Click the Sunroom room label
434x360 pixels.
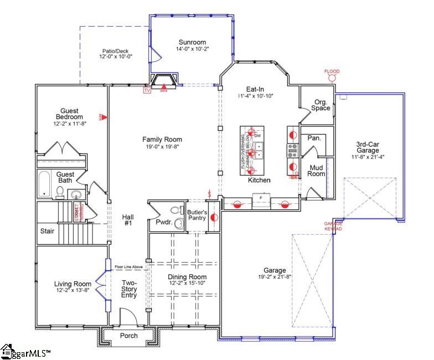[192, 42]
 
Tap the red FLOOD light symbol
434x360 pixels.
[332, 78]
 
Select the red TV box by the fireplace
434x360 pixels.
[147, 90]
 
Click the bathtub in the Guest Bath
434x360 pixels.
[44, 184]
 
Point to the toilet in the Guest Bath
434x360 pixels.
[60, 192]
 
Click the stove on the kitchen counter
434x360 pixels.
[292, 150]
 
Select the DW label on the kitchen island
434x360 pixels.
[256, 135]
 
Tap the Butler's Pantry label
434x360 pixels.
[197, 215]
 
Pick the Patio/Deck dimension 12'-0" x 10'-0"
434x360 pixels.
[116, 56]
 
